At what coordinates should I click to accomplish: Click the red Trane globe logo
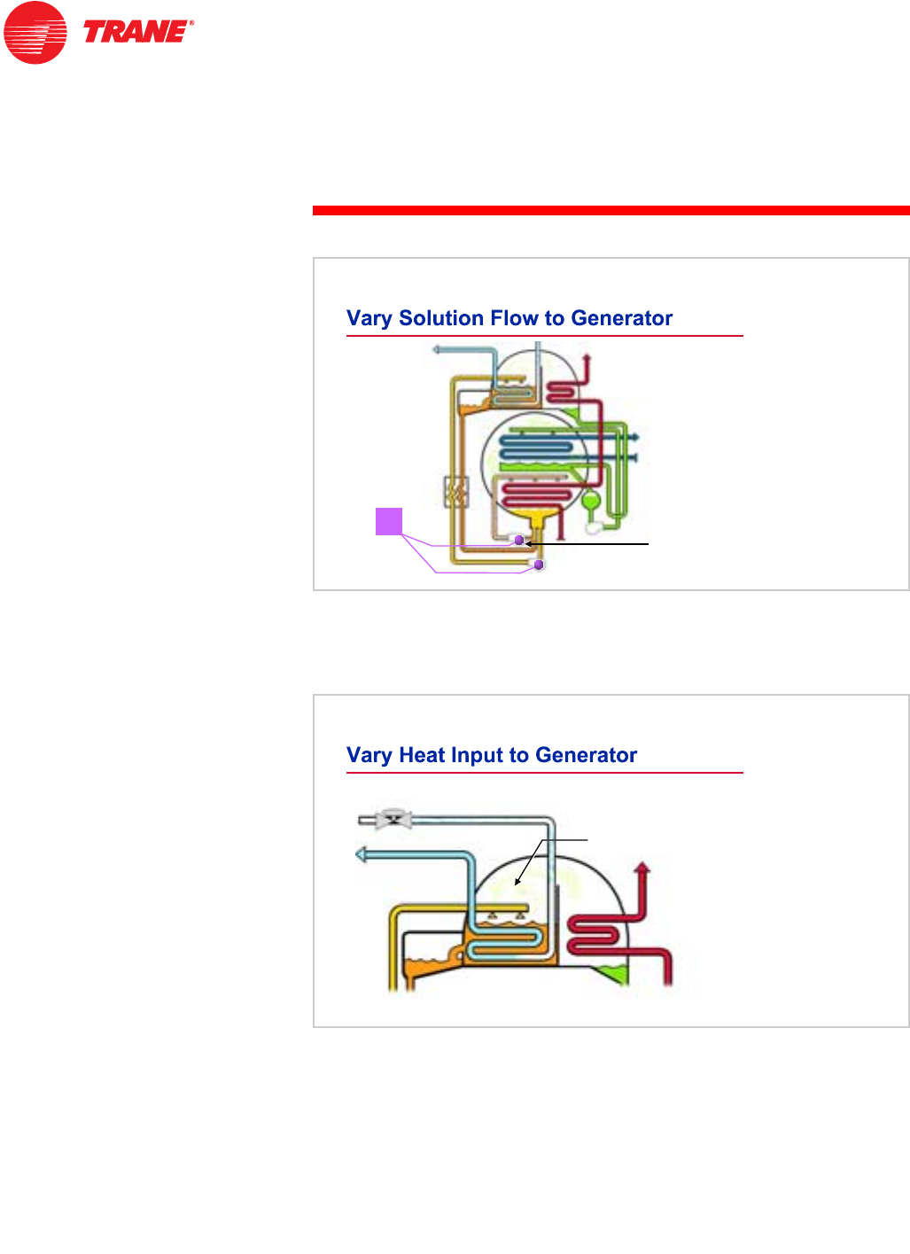pos(35,33)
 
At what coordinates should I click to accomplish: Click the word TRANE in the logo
pos(136,33)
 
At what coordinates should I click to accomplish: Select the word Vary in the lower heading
pos(369,755)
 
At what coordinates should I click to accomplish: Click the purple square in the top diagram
pos(389,521)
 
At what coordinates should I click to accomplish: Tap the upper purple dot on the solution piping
pos(519,540)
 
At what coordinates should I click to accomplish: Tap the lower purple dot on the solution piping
pos(538,565)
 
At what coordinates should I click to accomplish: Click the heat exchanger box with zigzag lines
pos(455,491)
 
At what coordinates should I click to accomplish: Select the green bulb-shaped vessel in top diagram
pos(591,502)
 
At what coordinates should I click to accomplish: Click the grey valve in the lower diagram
pos(393,819)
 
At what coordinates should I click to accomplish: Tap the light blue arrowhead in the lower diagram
pos(362,855)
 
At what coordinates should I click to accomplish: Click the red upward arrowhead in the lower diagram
pos(643,868)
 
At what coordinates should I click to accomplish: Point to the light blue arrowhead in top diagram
pos(437,350)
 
